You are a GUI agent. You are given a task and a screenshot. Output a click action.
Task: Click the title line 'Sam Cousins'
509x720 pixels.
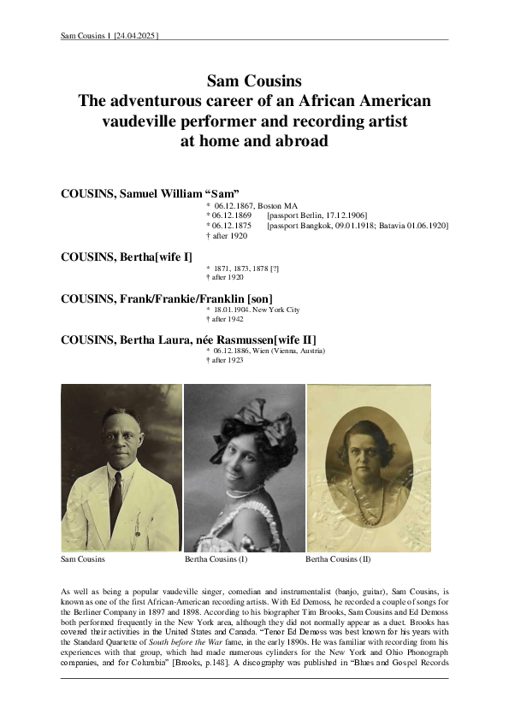(254, 82)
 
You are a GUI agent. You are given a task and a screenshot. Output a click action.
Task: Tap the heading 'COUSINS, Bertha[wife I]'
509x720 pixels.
(127, 257)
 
